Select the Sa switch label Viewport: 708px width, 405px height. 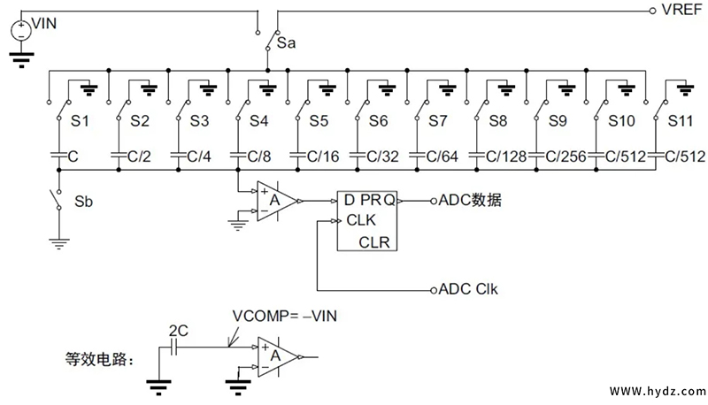click(x=286, y=42)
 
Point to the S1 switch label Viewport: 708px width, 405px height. click(x=80, y=119)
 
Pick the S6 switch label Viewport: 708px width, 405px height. click(x=379, y=119)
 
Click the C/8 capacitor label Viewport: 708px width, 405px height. click(x=260, y=157)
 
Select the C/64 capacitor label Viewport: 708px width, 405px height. click(x=440, y=157)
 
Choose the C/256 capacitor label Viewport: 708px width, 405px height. click(x=566, y=157)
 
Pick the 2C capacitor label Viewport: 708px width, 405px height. click(x=177, y=330)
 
